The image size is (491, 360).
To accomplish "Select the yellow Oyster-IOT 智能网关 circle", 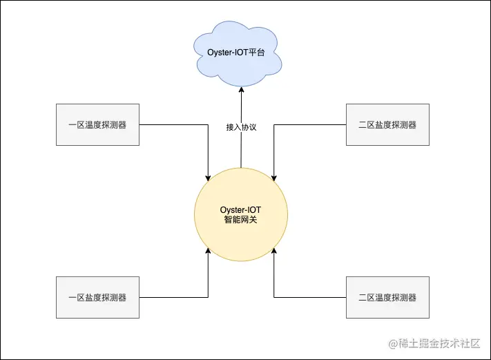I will tap(240, 214).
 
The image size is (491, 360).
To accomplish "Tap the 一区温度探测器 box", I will tap(97, 125).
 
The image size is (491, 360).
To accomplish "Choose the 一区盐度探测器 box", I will tap(97, 298).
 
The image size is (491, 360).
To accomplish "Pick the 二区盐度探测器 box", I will tap(387, 125).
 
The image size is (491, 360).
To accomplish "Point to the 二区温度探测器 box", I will tap(387, 298).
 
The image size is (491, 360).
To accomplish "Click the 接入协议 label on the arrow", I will tap(241, 128).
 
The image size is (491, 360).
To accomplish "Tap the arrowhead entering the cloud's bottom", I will tap(241, 89).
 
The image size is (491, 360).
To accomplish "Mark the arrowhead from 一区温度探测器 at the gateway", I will tap(208, 176).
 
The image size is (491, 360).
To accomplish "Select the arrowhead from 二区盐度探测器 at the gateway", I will tap(274, 176).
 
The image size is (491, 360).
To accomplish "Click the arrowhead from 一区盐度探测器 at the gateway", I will tap(208, 253).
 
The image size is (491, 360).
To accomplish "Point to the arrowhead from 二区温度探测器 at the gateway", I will tap(274, 253).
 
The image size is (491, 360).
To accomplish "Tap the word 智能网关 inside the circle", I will tap(240, 220).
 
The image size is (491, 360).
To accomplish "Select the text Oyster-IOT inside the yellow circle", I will tap(240, 209).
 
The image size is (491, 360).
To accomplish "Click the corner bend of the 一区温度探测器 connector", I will tap(208, 125).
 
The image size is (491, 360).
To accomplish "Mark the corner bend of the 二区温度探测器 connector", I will tap(274, 298).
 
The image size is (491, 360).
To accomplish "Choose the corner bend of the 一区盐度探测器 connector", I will tap(208, 298).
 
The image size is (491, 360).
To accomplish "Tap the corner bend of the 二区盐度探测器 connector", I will tap(274, 125).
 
